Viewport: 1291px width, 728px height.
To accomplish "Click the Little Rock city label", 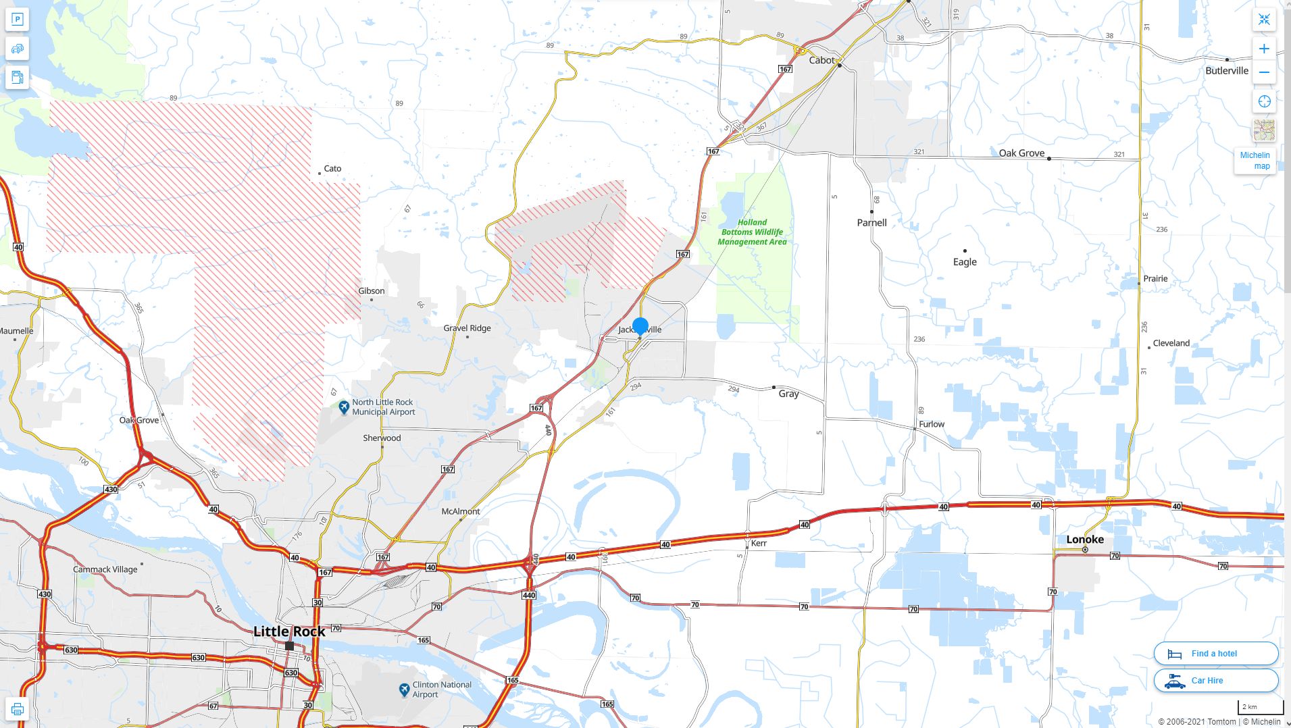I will click(x=289, y=631).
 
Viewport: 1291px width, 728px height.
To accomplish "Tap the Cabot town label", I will click(x=821, y=60).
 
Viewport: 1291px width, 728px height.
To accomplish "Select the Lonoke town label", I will click(x=1085, y=539).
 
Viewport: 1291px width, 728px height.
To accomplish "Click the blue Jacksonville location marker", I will click(x=640, y=326).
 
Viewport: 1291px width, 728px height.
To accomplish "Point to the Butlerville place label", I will click(x=1227, y=70).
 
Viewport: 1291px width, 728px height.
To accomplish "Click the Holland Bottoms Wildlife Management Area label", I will click(x=752, y=232).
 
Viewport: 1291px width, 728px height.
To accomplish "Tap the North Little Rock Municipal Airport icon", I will click(x=344, y=407).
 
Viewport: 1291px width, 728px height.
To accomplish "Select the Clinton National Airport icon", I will click(x=404, y=690).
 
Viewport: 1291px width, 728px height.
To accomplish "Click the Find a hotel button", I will click(x=1215, y=653).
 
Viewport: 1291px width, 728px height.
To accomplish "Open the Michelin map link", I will click(x=1255, y=161).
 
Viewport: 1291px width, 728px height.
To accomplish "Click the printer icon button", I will click(x=18, y=709).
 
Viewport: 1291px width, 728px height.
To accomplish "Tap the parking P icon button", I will click(x=18, y=20).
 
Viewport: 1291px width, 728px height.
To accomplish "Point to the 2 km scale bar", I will click(x=1260, y=708).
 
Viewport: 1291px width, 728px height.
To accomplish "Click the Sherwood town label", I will click(x=382, y=438).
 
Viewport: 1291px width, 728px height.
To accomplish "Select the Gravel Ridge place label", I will click(x=467, y=328).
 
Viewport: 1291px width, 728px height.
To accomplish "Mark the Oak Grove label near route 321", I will click(x=1021, y=153).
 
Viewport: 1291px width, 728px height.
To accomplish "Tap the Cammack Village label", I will click(x=105, y=569).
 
